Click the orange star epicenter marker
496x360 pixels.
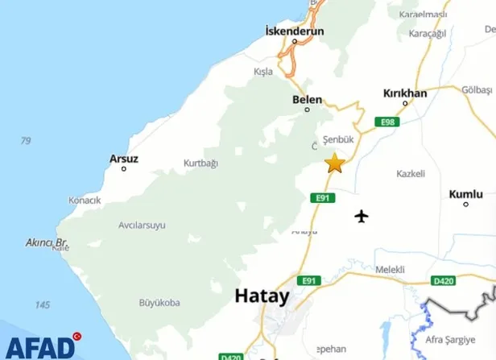pyautogui.click(x=333, y=163)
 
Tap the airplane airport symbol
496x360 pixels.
pyautogui.click(x=362, y=216)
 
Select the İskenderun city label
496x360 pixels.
pyautogui.click(x=294, y=31)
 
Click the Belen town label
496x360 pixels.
pyautogui.click(x=307, y=100)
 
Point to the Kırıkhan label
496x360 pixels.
pyautogui.click(x=405, y=93)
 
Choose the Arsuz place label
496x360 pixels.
pyautogui.click(x=123, y=159)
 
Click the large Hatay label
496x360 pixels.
pyautogui.click(x=262, y=296)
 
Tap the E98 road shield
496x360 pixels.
pyautogui.click(x=388, y=122)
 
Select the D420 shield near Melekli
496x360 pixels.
pyautogui.click(x=444, y=280)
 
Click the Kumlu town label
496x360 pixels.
pyautogui.click(x=466, y=194)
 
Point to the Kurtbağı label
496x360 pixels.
pyautogui.click(x=200, y=163)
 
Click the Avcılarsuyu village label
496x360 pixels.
pyautogui.click(x=130, y=225)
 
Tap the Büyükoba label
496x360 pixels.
pyautogui.click(x=159, y=303)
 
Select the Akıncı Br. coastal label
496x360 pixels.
pyautogui.click(x=48, y=242)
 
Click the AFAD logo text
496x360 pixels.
pyautogui.click(x=37, y=347)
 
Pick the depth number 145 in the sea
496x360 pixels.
pyautogui.click(x=43, y=305)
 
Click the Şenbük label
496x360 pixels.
pyautogui.click(x=338, y=139)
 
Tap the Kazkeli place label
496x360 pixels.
pyautogui.click(x=411, y=174)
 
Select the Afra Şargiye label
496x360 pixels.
pyautogui.click(x=461, y=338)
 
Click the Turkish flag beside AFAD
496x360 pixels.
pyautogui.click(x=77, y=336)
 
